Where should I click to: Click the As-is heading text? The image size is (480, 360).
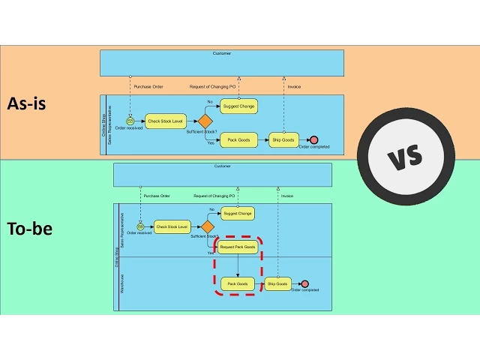27,103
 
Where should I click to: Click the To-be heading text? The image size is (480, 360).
29,229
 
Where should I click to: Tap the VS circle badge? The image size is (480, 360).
406,157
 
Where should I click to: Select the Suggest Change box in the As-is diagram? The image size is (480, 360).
238,106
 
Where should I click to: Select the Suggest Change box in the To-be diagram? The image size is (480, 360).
238,213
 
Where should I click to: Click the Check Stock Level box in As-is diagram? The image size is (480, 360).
165,121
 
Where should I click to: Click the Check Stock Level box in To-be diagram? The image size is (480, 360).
172,226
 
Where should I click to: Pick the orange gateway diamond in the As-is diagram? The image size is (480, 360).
205,121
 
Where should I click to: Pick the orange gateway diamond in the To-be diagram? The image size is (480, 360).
208,226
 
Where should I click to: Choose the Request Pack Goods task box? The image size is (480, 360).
238,247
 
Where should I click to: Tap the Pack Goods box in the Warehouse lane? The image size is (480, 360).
238,284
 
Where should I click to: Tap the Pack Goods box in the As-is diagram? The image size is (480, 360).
238,139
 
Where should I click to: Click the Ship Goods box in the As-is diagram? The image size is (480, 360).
283,139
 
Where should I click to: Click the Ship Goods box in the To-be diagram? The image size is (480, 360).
277,284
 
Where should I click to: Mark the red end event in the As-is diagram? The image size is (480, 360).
313,139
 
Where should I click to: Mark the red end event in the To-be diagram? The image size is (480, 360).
304,284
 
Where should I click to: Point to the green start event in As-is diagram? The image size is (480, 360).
130,121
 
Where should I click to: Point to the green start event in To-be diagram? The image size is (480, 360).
140,226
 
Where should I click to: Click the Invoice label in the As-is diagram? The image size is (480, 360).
295,86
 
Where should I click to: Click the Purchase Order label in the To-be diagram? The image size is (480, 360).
157,196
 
